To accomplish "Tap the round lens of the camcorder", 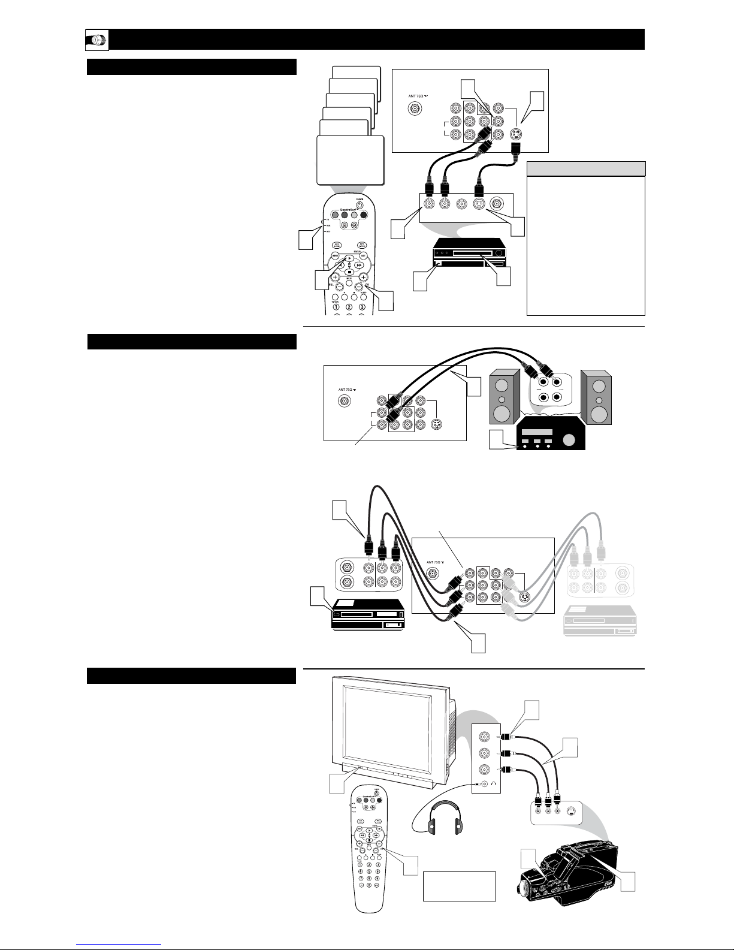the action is click(x=528, y=886).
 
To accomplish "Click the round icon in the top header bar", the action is click(x=96, y=40).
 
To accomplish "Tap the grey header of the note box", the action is click(x=585, y=168).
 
